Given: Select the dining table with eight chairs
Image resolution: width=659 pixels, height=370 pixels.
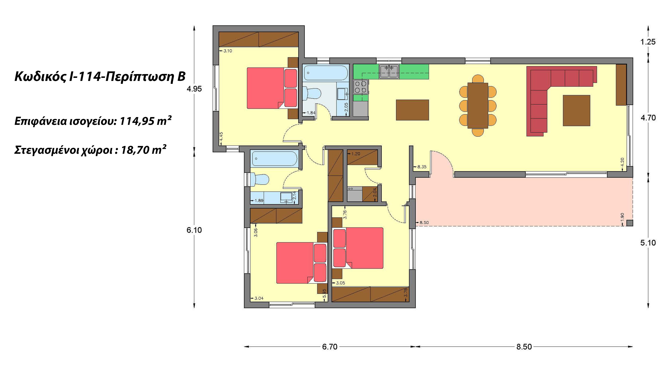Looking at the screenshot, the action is (478, 106).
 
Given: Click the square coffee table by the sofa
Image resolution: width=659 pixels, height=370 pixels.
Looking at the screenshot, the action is (576, 111).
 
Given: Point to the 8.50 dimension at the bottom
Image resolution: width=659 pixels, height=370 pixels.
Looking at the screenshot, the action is (524, 347).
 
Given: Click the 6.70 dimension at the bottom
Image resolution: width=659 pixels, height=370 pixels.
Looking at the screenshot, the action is (330, 347).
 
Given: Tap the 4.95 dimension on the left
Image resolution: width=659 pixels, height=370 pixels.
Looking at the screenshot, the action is (194, 89).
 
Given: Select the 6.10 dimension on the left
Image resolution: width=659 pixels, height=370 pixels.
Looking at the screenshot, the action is (194, 230).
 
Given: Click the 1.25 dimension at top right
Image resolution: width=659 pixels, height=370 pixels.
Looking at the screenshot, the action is (648, 42).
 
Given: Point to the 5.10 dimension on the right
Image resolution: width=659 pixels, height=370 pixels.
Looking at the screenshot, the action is (648, 243).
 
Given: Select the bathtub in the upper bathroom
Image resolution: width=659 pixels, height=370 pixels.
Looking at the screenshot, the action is (325, 72).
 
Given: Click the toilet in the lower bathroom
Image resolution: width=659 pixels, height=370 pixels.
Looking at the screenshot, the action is (259, 180).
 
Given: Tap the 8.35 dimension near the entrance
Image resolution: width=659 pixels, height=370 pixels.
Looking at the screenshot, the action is (422, 167).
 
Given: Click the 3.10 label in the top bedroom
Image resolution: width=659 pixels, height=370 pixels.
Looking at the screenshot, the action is (227, 51).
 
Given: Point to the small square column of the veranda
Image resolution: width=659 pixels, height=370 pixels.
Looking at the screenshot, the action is (630, 223).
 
